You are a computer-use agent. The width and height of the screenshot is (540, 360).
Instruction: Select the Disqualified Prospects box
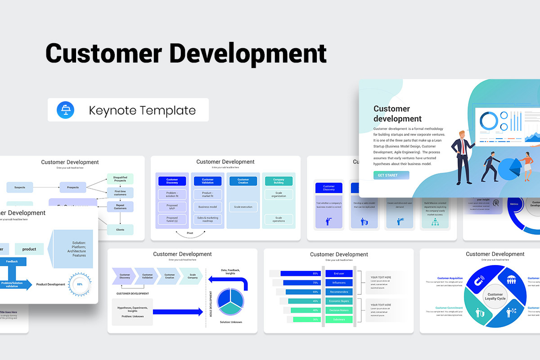[x=120, y=179]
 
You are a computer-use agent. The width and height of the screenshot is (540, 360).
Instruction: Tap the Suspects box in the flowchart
[x=20, y=187]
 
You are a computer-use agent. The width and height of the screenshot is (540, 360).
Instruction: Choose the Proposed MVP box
[x=172, y=207]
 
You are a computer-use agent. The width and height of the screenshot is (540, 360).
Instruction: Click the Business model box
[x=207, y=207]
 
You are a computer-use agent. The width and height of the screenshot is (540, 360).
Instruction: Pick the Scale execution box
[x=243, y=207]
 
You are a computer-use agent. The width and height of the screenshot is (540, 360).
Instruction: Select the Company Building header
[x=279, y=181]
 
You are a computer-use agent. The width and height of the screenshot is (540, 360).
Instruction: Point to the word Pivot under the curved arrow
[x=189, y=233]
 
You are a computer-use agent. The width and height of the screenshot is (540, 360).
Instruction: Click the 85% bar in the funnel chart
[x=301, y=273]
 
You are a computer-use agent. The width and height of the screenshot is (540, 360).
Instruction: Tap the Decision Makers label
[x=339, y=310]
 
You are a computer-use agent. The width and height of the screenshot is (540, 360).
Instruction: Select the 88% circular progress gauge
[x=80, y=284]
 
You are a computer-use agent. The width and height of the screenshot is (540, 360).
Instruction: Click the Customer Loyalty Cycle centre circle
[x=495, y=297]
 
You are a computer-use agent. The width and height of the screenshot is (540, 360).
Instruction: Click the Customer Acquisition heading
[x=450, y=278]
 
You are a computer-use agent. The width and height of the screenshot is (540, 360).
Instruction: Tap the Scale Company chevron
[x=192, y=276]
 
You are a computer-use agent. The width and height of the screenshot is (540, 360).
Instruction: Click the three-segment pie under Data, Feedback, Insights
[x=230, y=301]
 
